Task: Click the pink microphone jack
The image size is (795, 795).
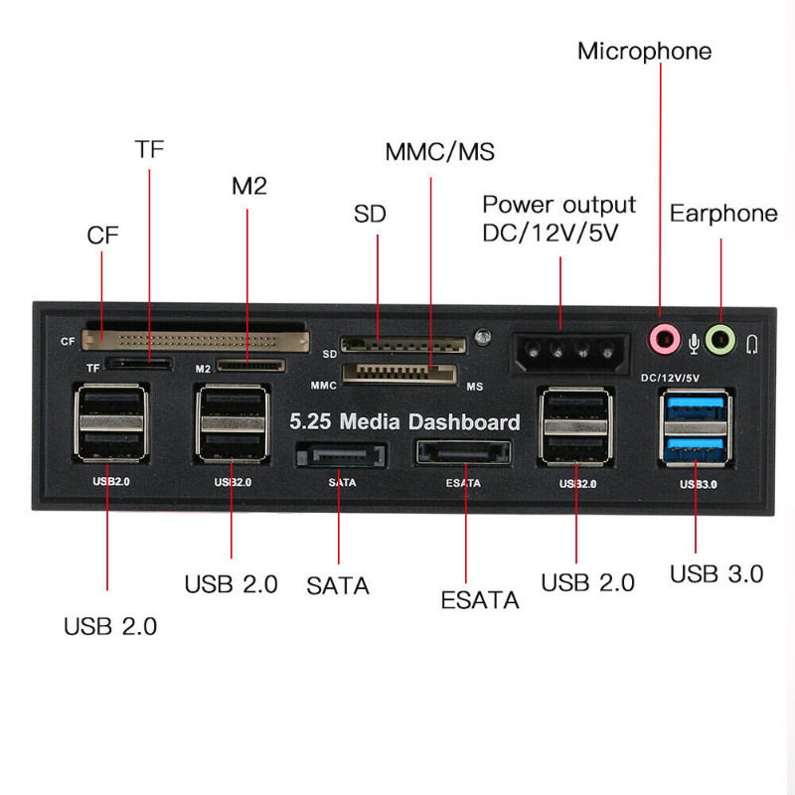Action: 661,339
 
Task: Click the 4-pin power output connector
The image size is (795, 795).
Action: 560,351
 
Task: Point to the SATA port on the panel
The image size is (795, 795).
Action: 340,456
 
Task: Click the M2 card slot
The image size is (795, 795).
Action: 250,365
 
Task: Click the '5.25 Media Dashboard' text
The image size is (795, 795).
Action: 404,421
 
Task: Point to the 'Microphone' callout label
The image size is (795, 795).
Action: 644,51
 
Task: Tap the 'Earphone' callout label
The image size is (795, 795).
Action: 722,214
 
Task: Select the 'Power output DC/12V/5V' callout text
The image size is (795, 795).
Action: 558,219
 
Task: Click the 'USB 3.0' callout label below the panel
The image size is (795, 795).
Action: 715,573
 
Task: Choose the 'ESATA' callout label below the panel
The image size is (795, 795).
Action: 480,600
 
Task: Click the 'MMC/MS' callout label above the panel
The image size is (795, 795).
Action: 439,152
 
